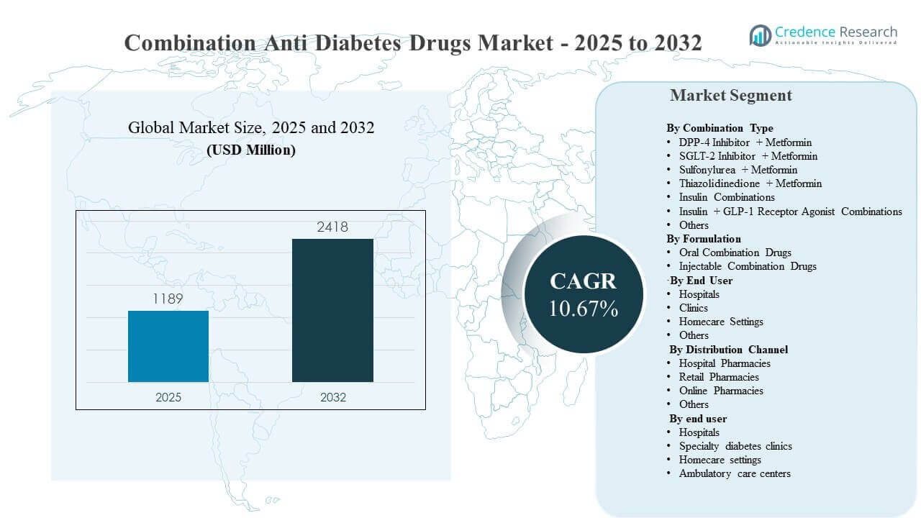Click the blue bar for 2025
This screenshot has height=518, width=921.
pyautogui.click(x=168, y=346)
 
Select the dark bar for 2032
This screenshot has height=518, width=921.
pyautogui.click(x=332, y=310)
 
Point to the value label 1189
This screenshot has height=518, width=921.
pyautogui.click(x=168, y=299)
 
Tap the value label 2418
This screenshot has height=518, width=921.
pyautogui.click(x=332, y=227)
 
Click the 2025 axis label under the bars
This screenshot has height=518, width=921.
pyautogui.click(x=168, y=397)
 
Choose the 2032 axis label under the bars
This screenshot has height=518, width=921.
pyautogui.click(x=332, y=397)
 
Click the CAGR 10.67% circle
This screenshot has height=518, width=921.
pyautogui.click(x=583, y=294)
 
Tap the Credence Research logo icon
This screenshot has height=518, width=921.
pyautogui.click(x=760, y=35)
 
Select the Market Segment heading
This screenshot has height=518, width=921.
pyautogui.click(x=730, y=96)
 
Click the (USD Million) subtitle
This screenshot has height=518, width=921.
pyautogui.click(x=251, y=151)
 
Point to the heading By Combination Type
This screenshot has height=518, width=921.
pyautogui.click(x=720, y=128)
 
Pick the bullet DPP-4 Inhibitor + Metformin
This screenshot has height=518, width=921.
pyautogui.click(x=745, y=142)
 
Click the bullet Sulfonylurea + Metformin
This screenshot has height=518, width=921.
pyautogui.click(x=738, y=170)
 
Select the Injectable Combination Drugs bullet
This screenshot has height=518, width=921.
pyautogui.click(x=748, y=266)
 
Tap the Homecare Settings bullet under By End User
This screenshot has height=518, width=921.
pyautogui.click(x=721, y=322)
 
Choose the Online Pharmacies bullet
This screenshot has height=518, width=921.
pyautogui.click(x=721, y=391)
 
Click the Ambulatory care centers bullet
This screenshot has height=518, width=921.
pyautogui.click(x=735, y=473)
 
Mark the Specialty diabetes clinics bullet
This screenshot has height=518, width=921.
pyautogui.click(x=735, y=446)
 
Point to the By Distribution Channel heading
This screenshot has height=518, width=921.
pyautogui.click(x=728, y=350)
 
